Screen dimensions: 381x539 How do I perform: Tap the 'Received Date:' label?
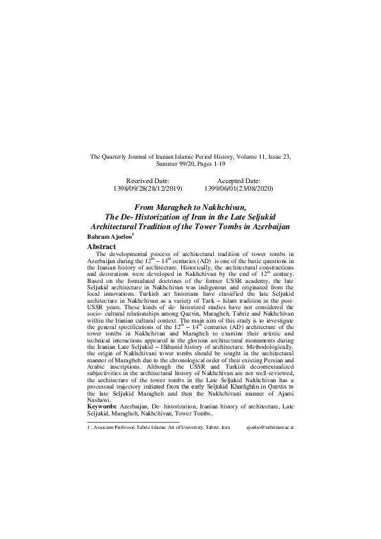(147, 181)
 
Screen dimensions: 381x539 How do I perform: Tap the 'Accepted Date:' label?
(238, 181)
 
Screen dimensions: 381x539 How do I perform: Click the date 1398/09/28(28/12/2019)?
(147, 189)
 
